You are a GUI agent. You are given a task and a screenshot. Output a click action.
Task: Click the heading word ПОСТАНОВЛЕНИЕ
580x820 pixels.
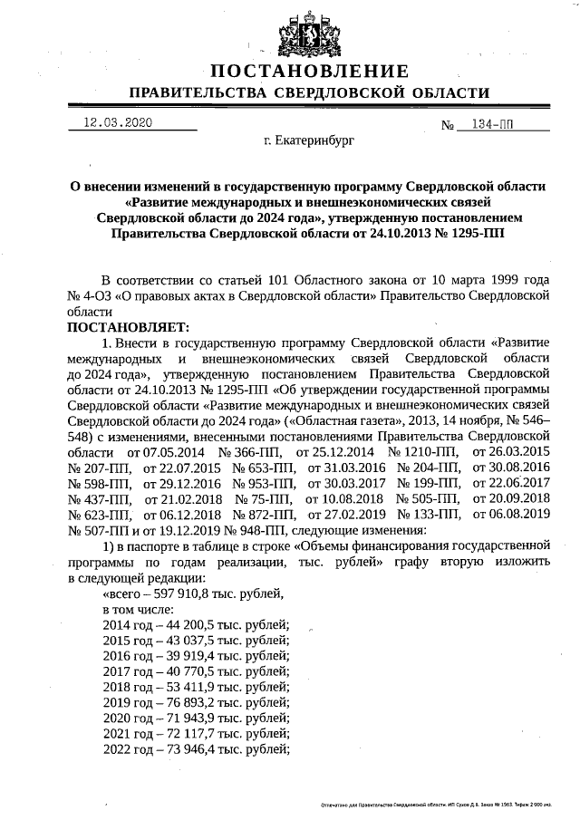tap(309, 72)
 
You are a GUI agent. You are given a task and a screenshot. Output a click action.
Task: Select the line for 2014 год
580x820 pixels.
tap(196, 625)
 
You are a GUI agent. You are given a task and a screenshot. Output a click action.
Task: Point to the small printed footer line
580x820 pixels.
tap(441, 804)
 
